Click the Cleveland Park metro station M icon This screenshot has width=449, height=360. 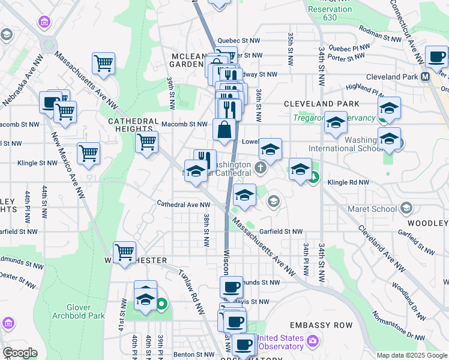pyautogui.click(x=425, y=77)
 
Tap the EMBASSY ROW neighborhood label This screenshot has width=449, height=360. pyautogui.click(x=327, y=325)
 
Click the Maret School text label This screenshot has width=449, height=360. pyautogui.click(x=372, y=209)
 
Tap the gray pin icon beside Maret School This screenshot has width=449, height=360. pyautogui.click(x=406, y=208)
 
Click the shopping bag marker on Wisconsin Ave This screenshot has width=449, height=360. pyautogui.click(x=224, y=130)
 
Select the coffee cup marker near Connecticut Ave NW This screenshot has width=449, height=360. pyautogui.click(x=436, y=56)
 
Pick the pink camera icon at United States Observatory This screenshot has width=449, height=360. pyautogui.click(x=312, y=341)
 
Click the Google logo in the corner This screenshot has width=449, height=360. pyautogui.click(x=20, y=353)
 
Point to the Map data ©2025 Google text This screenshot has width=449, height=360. pyautogui.click(x=411, y=355)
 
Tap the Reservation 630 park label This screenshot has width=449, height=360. pyautogui.click(x=329, y=13)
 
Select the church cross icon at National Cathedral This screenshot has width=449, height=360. pyautogui.click(x=261, y=168)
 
